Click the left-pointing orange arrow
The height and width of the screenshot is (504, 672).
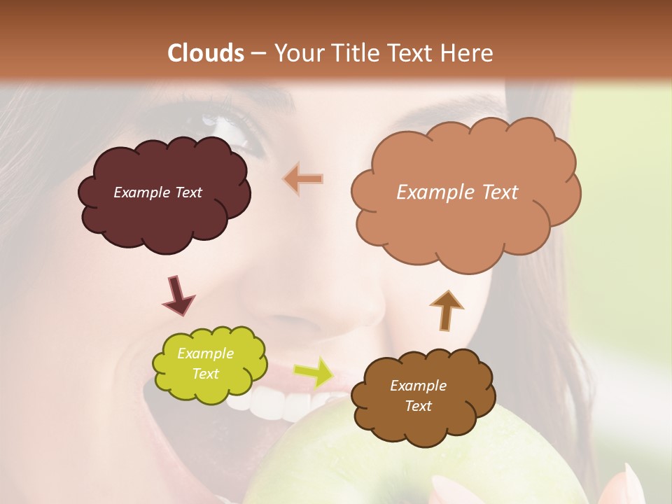pos(303,179)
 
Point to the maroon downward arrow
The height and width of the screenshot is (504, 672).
pos(178,295)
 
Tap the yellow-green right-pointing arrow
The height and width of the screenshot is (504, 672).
pos(313,372)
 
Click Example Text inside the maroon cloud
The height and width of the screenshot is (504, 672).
pos(157,192)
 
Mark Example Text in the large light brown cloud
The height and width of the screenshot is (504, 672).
pos(457,192)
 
